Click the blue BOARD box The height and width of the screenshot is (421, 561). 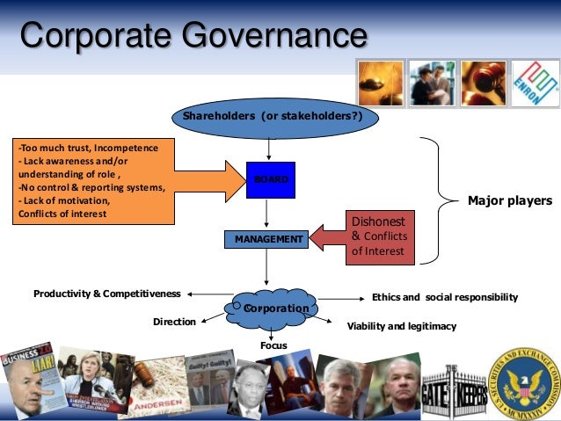(x=270, y=180)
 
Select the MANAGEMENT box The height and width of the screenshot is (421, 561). (x=265, y=238)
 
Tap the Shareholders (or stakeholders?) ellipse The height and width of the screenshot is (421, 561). (x=271, y=117)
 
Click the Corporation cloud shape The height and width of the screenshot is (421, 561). (x=271, y=307)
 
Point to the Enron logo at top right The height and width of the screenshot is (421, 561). (x=535, y=83)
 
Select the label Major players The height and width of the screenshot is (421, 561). (x=510, y=201)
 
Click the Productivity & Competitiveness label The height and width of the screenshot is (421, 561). (x=106, y=293)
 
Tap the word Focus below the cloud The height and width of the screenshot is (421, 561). (x=273, y=345)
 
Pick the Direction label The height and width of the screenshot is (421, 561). (x=174, y=322)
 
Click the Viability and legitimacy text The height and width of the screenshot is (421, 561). (x=402, y=326)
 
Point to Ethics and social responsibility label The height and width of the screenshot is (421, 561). (x=445, y=297)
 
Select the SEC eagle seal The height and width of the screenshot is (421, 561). (x=523, y=381)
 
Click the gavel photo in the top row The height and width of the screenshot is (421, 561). (x=483, y=83)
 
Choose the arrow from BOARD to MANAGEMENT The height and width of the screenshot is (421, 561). (x=266, y=214)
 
